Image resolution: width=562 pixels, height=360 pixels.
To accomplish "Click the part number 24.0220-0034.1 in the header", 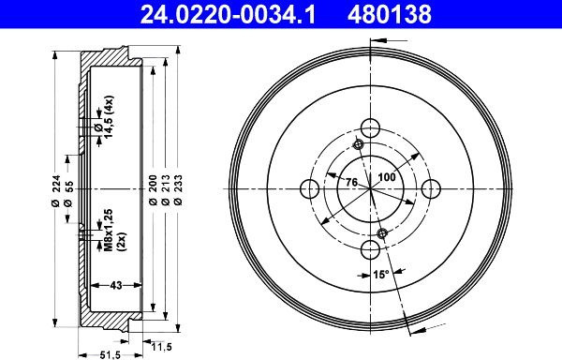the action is [x=228, y=15].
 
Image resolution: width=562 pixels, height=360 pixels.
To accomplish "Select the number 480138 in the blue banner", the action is [x=390, y=15].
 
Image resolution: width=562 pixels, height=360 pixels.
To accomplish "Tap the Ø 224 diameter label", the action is [x=55, y=191].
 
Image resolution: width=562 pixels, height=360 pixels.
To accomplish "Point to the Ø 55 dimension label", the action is [x=68, y=194].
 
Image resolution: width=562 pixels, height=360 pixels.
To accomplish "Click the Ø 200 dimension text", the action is [x=153, y=190].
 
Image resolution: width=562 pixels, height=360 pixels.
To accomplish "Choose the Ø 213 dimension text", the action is [x=166, y=190].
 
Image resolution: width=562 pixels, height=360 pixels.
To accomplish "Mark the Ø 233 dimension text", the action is [x=178, y=190].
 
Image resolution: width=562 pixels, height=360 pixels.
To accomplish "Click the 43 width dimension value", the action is [x=116, y=285].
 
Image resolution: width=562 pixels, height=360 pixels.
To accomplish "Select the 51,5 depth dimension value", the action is [x=110, y=355].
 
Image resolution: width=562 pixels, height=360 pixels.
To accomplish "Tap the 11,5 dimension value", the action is [x=161, y=347].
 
